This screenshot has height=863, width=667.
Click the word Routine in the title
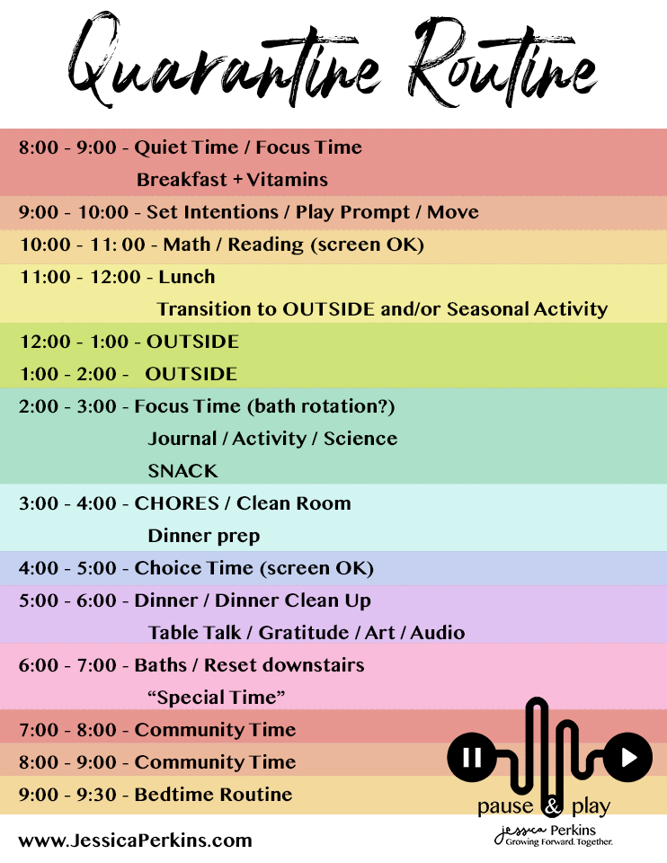pyautogui.click(x=502, y=60)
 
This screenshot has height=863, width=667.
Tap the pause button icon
pyautogui.click(x=472, y=757)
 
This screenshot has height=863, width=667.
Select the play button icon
pyautogui.click(x=628, y=757)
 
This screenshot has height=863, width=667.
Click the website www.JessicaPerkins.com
pyautogui.click(x=135, y=841)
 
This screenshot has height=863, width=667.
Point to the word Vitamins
pyautogui.click(x=287, y=180)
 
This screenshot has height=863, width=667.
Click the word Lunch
pyautogui.click(x=187, y=276)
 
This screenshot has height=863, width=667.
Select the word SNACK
pyautogui.click(x=182, y=470)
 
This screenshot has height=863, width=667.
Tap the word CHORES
pyautogui.click(x=177, y=503)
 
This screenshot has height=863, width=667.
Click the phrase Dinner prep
pyautogui.click(x=204, y=536)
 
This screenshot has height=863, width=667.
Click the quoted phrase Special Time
pyautogui.click(x=217, y=698)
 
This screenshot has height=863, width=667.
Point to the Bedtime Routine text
pyautogui.click(x=214, y=794)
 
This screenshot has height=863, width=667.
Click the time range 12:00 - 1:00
pyautogui.click(x=68, y=342)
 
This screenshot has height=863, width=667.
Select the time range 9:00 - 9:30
pyautogui.click(x=67, y=794)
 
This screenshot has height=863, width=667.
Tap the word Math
pyautogui.click(x=187, y=244)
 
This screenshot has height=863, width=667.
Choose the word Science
pyautogui.click(x=360, y=438)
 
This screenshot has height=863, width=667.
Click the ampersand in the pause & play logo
pyautogui.click(x=552, y=807)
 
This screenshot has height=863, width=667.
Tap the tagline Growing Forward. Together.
pyautogui.click(x=558, y=842)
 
